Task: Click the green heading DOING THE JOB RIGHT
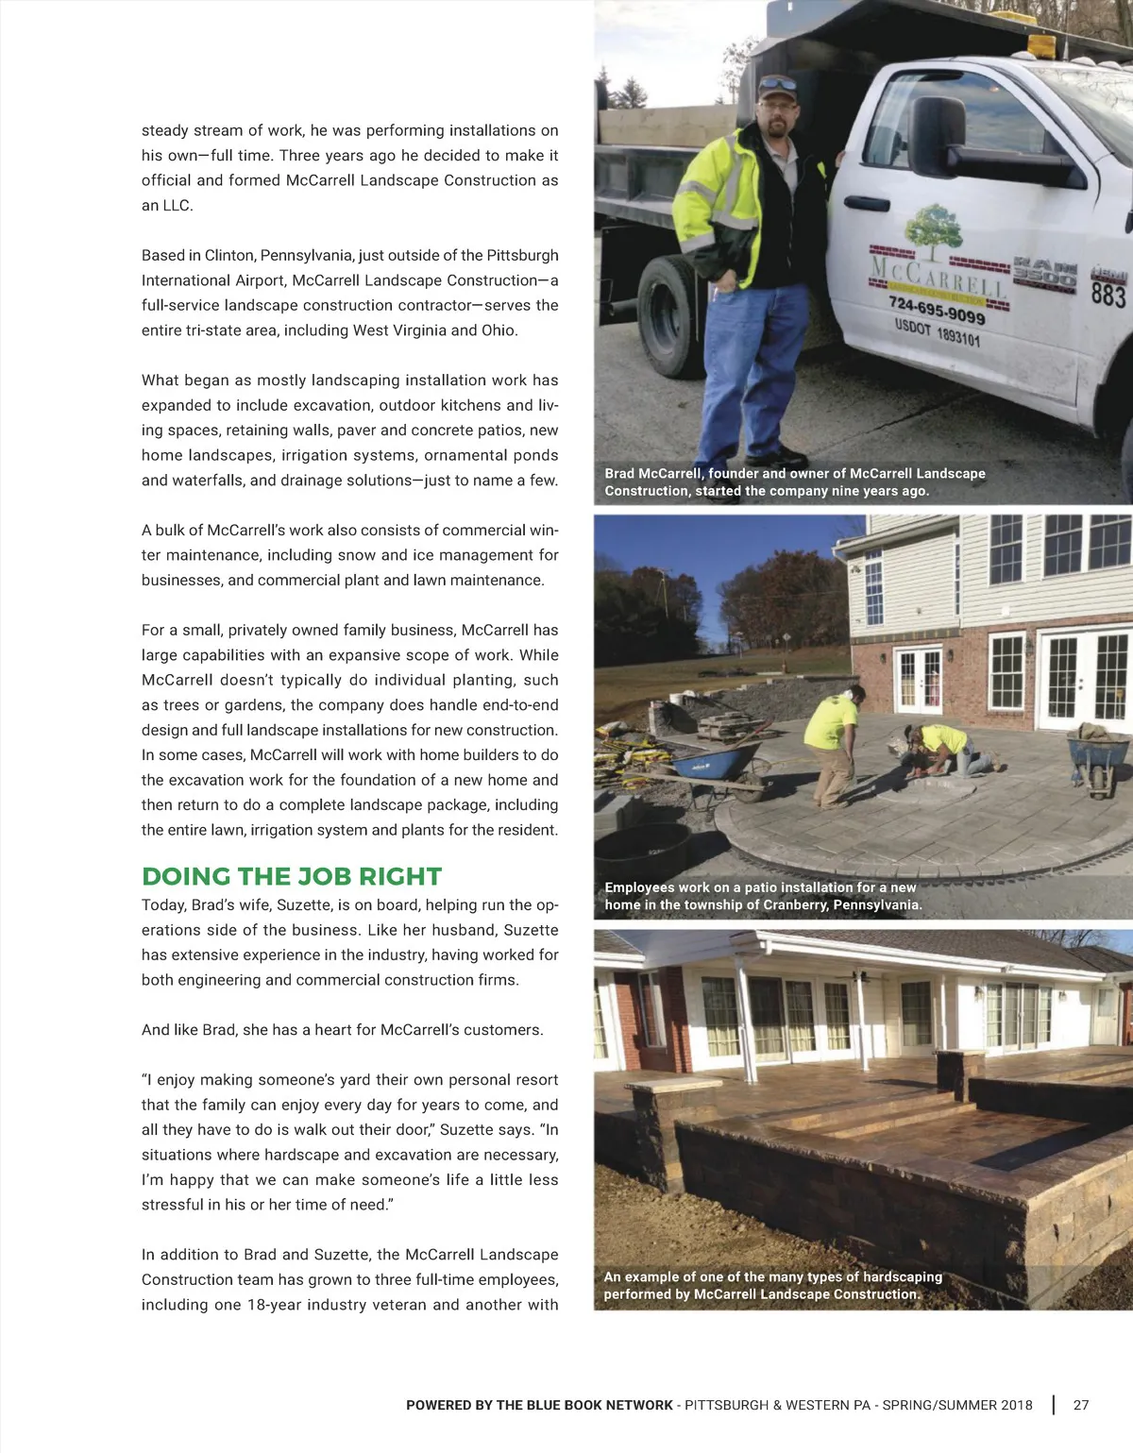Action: tap(292, 876)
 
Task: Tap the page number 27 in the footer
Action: tap(1081, 1405)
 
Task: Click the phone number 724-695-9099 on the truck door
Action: tap(937, 309)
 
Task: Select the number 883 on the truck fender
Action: tap(1108, 296)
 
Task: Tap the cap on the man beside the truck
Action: tap(777, 85)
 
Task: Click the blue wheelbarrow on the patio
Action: tap(719, 761)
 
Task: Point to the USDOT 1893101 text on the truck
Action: tap(937, 332)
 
